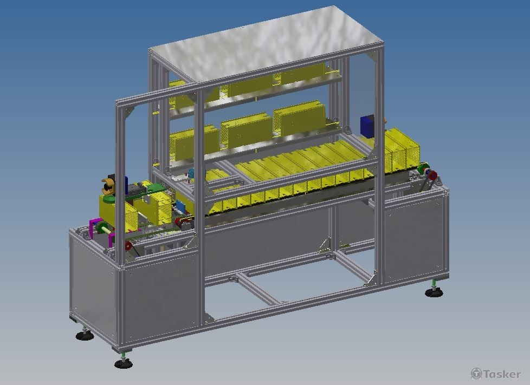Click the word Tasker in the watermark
coord(502,374)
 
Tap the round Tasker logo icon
coord(476,374)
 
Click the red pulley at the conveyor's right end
coord(432,175)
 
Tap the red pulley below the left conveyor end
coord(128,246)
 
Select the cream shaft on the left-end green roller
coord(106,230)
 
